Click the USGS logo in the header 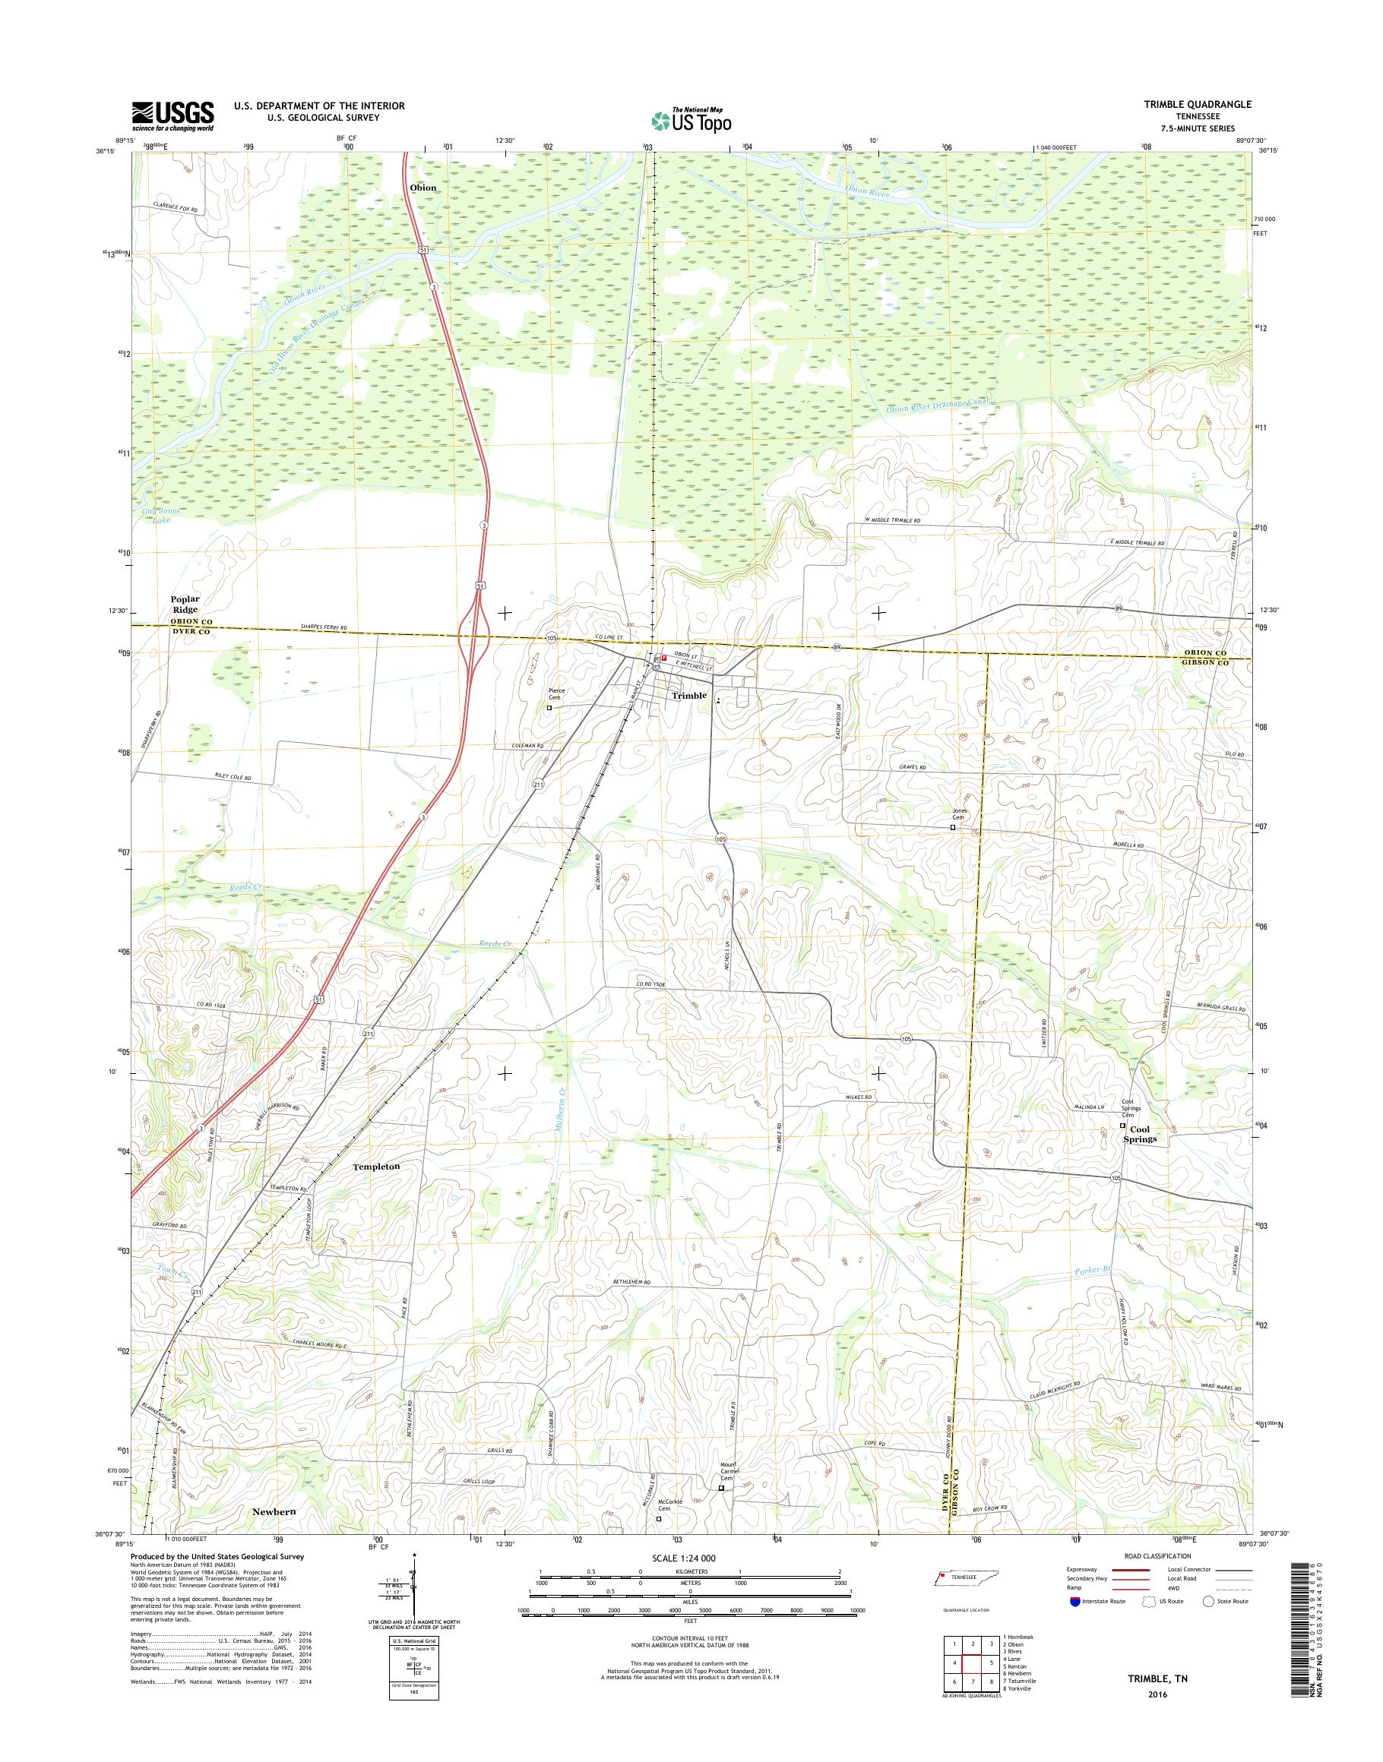point(173,115)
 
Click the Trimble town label point(689,695)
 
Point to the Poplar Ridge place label point(184,604)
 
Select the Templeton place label point(376,1167)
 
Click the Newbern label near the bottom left point(274,1511)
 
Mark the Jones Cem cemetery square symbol point(952,827)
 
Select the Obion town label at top point(422,188)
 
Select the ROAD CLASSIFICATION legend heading point(1157,1555)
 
